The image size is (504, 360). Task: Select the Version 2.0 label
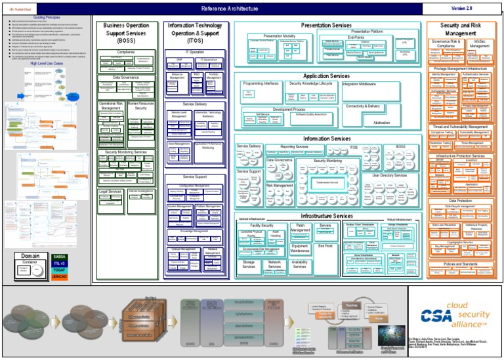[x=461, y=9]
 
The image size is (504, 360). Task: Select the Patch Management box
[x=301, y=228]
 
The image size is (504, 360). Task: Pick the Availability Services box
[x=300, y=264]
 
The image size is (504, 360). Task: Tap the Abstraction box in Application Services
[x=381, y=123]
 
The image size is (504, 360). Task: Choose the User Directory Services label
[x=389, y=175]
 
